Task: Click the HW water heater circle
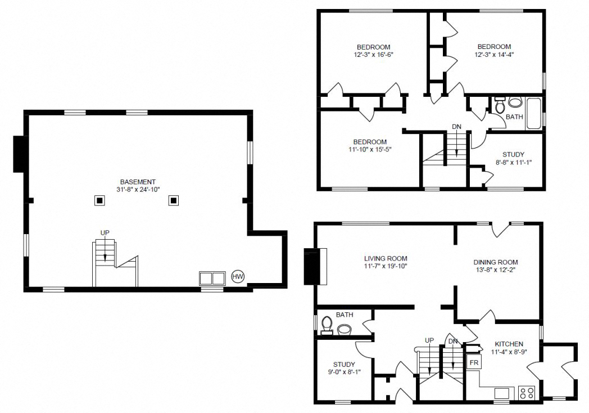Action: pos(238,277)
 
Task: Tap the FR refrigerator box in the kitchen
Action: pos(473,362)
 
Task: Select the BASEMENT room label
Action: pos(137,182)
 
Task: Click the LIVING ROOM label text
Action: pos(385,258)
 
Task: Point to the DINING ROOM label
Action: pos(495,262)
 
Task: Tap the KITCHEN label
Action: pos(509,344)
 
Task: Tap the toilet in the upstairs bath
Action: pos(513,103)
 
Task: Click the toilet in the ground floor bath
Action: pos(327,325)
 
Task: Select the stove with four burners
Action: pos(527,392)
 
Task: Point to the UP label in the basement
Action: pos(105,232)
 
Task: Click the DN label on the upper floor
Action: pos(456,127)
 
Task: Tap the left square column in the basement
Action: pos(99,200)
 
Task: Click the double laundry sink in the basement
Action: pos(212,278)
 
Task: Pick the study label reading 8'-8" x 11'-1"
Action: pos(513,158)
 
